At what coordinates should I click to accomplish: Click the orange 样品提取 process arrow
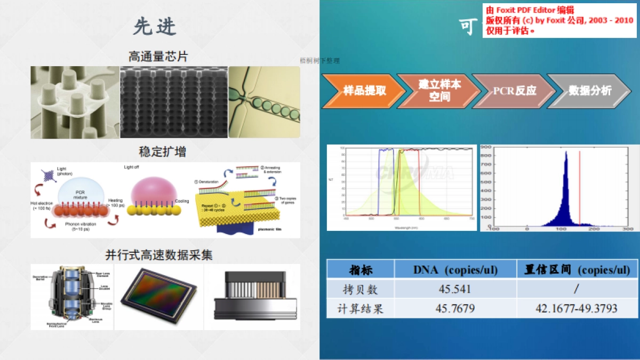363,91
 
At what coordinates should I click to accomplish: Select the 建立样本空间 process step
438,91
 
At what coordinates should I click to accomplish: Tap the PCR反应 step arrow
514,91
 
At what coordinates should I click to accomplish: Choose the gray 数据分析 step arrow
589,91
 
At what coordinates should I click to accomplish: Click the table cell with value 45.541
455,289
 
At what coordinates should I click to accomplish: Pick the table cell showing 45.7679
455,309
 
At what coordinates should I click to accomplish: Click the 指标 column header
361,269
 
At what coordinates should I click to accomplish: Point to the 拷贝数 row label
361,289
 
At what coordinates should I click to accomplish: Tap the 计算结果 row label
361,309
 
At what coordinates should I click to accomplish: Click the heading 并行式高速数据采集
165,255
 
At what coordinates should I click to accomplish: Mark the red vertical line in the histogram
580,187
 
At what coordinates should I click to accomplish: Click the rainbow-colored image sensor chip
158,298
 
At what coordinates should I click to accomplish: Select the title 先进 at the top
155,26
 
